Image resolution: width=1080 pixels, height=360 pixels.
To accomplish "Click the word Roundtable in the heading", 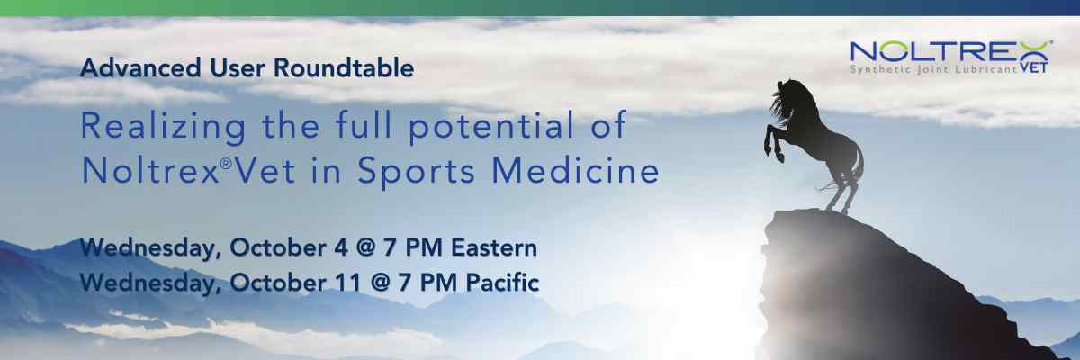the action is [344, 67].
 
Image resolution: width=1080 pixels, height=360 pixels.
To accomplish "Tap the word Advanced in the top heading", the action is [140, 67].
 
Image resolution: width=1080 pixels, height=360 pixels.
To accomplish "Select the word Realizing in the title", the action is [163, 127].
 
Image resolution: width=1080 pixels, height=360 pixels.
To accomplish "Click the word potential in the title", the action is [491, 126].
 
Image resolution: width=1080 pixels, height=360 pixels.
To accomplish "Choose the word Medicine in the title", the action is [575, 171].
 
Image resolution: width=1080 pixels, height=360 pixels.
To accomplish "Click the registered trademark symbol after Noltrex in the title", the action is [226, 164].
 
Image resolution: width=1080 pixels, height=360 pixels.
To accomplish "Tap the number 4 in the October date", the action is [340, 248].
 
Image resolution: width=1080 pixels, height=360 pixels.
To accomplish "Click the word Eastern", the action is [494, 248].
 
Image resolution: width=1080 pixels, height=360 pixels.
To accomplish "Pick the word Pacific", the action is [502, 283].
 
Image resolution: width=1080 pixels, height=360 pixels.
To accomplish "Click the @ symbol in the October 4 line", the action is [365, 248].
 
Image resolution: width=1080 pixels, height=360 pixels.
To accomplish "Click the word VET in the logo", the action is [1034, 68].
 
